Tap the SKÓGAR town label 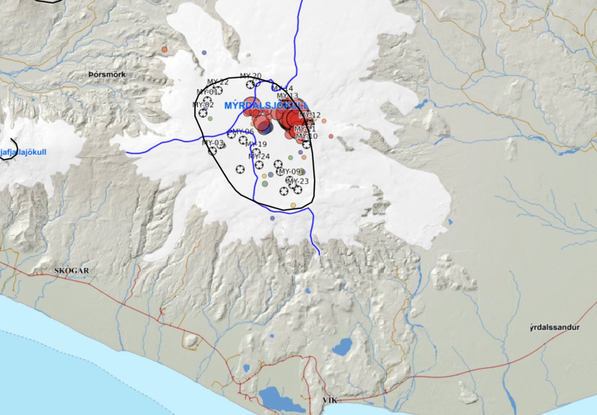(x=72, y=271)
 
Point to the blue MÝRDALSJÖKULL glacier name (x=266, y=106)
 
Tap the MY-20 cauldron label (x=250, y=76)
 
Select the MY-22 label (x=217, y=82)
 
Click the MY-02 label (x=203, y=105)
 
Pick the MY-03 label (x=213, y=143)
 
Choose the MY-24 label (x=258, y=156)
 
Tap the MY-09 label (x=290, y=171)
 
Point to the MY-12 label (x=309, y=115)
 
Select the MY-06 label (x=242, y=132)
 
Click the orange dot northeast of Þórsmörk (x=164, y=49)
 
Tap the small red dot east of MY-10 (x=331, y=136)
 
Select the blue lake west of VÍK (x=277, y=397)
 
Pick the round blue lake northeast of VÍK (x=342, y=347)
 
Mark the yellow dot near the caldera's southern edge (x=293, y=205)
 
